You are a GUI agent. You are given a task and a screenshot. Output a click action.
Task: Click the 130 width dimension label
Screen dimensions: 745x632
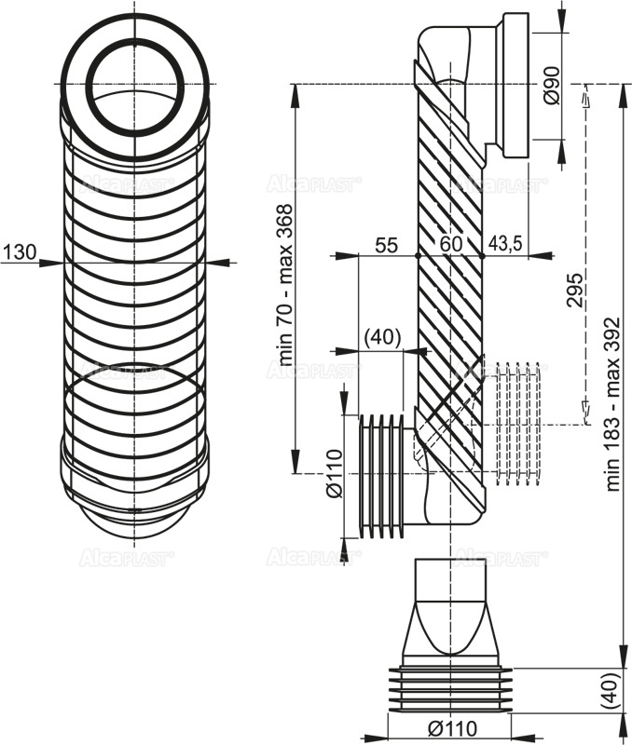pos(20,251)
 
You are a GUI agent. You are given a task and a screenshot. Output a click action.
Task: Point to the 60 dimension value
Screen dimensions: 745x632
pos(452,245)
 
